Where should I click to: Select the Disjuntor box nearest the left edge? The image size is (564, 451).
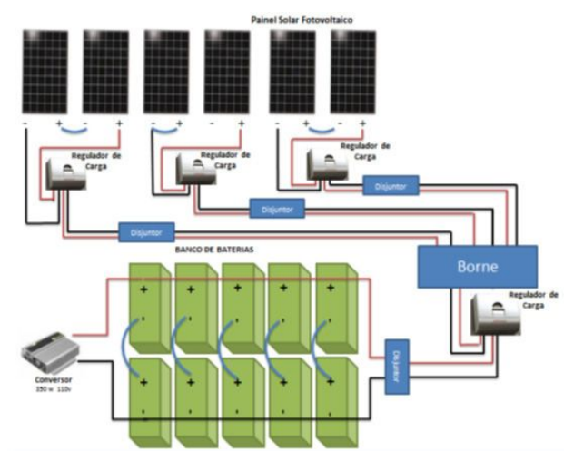coord(145,231)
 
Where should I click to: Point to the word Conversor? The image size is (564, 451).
coord(51,378)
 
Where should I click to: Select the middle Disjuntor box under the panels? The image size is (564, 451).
coord(276,210)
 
